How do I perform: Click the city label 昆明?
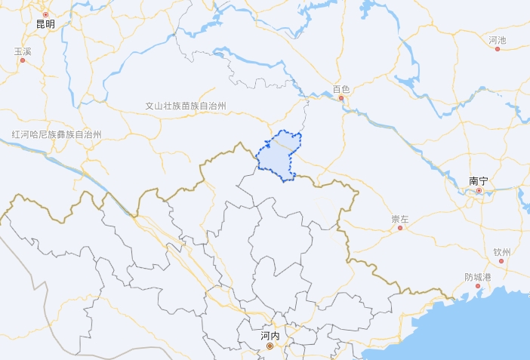[x=45, y=24]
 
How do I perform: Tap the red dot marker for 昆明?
[x=45, y=14]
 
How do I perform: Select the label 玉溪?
[x=23, y=51]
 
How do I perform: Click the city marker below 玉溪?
[x=23, y=60]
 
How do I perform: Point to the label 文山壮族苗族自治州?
[x=186, y=106]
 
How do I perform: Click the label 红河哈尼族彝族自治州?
[x=57, y=134]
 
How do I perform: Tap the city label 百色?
[x=341, y=89]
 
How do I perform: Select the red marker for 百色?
[x=341, y=98]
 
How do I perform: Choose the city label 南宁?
[x=479, y=181]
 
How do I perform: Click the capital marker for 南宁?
[x=479, y=191]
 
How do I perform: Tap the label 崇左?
[x=400, y=219]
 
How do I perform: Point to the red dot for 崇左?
[x=400, y=228]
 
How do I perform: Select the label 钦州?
[x=502, y=252]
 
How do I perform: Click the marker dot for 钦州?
[x=501, y=261]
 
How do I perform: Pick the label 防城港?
[x=478, y=277]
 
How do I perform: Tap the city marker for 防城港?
[x=478, y=286]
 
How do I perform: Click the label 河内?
[x=270, y=336]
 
